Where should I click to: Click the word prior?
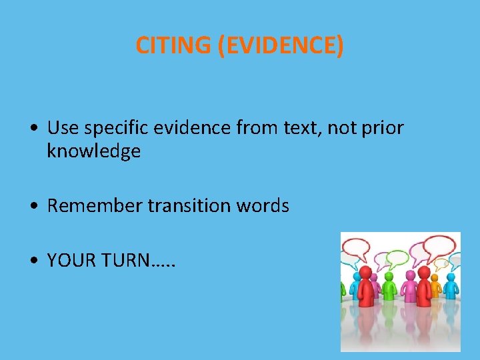tap(383, 127)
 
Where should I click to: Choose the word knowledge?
tap(93, 151)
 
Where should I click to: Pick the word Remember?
tap(95, 206)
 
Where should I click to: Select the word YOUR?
tap(70, 261)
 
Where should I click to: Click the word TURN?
tap(125, 261)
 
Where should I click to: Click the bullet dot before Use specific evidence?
tap(33, 128)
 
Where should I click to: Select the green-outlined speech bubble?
tap(397, 258)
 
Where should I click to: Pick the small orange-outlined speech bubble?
tap(441, 263)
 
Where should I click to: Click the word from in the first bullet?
tap(259, 127)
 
